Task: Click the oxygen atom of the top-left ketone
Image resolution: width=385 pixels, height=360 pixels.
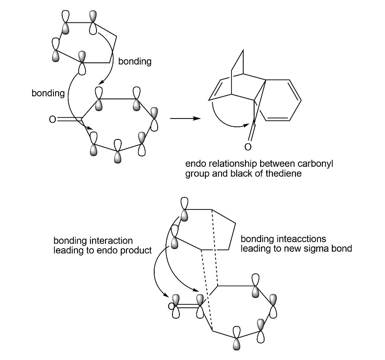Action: [52, 119]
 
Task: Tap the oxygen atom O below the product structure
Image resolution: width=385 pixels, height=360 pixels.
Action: [247, 147]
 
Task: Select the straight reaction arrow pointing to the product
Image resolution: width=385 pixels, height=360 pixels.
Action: [186, 118]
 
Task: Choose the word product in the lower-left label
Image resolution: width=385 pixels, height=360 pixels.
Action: [135, 250]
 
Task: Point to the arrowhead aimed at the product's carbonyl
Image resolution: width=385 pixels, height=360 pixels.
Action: [246, 125]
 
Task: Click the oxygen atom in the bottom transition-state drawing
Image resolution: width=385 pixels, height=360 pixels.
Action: [171, 306]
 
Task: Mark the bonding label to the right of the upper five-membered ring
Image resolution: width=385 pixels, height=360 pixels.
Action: [135, 62]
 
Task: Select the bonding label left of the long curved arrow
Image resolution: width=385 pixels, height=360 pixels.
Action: [48, 93]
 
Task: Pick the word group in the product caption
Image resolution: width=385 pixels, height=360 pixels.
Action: [196, 174]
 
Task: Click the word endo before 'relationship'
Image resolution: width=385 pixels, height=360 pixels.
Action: [194, 164]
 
